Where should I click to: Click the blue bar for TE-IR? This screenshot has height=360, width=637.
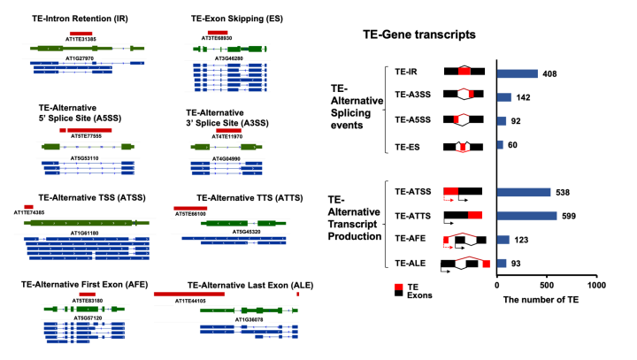coord(518,73)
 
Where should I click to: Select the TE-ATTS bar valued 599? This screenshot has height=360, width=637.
coord(527,215)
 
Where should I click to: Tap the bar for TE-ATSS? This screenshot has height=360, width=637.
coord(524,191)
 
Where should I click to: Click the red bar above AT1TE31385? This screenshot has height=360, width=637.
coord(81,31)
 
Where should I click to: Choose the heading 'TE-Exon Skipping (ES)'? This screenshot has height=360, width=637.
coord(234,18)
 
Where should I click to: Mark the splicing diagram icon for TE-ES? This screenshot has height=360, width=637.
coord(463,145)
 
